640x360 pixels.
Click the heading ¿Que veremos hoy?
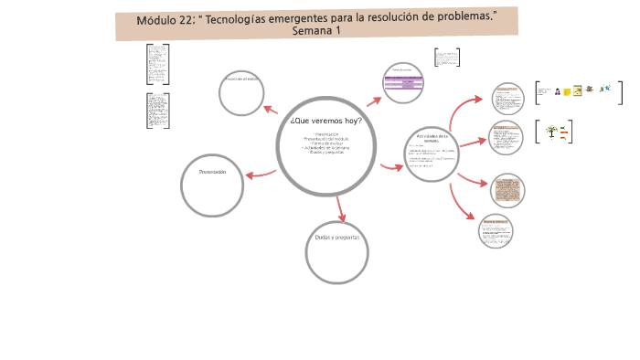click(325, 121)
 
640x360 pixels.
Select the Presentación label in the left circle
click(212, 172)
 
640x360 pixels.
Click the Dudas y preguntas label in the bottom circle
click(336, 238)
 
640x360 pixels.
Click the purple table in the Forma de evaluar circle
click(404, 85)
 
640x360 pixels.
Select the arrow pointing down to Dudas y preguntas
click(340, 212)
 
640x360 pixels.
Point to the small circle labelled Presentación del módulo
click(242, 91)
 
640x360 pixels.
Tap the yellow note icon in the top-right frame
click(567, 91)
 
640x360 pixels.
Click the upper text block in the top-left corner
click(157, 64)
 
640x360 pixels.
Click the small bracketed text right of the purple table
click(446, 58)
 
